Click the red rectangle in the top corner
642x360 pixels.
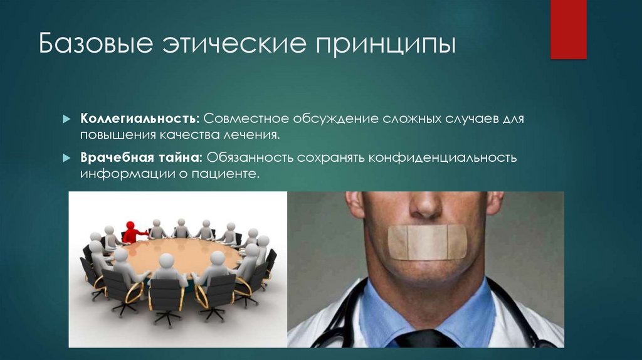[568, 29]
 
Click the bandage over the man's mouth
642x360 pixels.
[427, 243]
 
